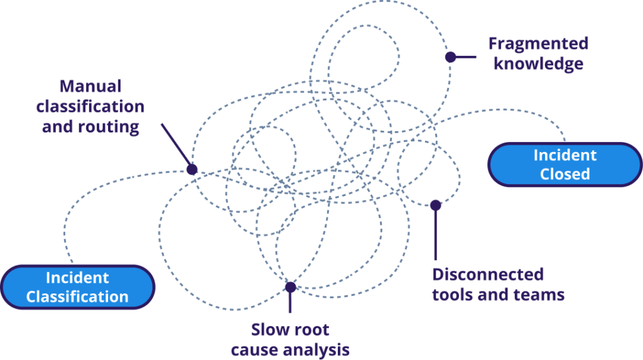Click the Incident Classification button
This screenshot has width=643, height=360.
[x=77, y=286]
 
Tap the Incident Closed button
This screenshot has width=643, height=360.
[x=565, y=164]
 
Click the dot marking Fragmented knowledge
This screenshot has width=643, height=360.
[x=450, y=57]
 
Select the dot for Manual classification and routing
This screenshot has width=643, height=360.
[x=192, y=169]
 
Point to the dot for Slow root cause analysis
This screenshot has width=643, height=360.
[x=289, y=287]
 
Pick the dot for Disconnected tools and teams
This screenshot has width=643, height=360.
[x=435, y=205]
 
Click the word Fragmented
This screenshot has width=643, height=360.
[x=538, y=44]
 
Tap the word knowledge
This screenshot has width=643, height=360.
[x=538, y=64]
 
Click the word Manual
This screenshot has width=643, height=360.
[x=90, y=86]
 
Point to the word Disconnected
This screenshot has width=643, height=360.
[x=488, y=275]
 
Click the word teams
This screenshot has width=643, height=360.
[x=539, y=294]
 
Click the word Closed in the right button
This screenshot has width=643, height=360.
[x=565, y=173]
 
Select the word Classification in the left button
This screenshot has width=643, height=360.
[x=77, y=296]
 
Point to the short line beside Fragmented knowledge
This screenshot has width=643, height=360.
[x=467, y=57]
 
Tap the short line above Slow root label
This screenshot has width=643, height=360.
[x=289, y=303]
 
